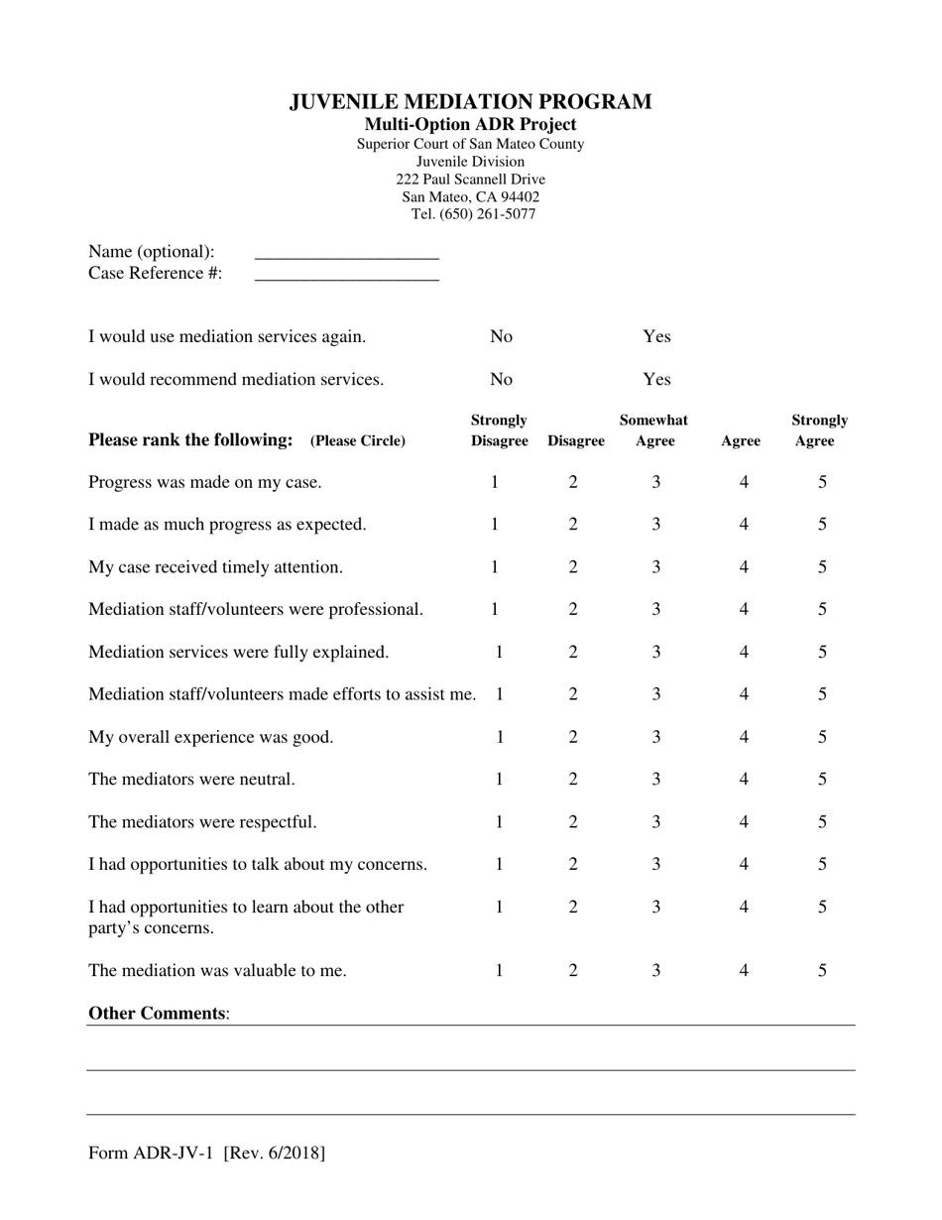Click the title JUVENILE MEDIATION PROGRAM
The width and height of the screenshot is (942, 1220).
click(x=470, y=102)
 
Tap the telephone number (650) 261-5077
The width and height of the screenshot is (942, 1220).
click(x=487, y=214)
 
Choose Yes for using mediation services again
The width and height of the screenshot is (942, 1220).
click(x=656, y=336)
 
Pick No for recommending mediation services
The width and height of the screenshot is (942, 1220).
click(x=502, y=379)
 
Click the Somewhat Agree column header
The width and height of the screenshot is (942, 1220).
click(x=653, y=430)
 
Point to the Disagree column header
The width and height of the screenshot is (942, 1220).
click(x=575, y=441)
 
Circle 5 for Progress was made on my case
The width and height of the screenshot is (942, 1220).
click(x=822, y=482)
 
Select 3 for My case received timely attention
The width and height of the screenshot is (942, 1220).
click(x=655, y=567)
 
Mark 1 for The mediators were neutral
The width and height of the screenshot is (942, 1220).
click(x=499, y=780)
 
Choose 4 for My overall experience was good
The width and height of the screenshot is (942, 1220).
click(x=744, y=737)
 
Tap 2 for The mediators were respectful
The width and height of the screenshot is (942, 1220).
click(x=572, y=822)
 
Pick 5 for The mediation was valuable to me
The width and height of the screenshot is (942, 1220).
click(x=822, y=971)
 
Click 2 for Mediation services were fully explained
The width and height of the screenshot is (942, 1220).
click(x=572, y=653)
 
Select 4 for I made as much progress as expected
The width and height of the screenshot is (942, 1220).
click(x=744, y=525)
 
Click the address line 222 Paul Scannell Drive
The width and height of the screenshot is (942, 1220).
click(x=470, y=180)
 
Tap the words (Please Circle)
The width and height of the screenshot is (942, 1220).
click(x=358, y=441)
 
